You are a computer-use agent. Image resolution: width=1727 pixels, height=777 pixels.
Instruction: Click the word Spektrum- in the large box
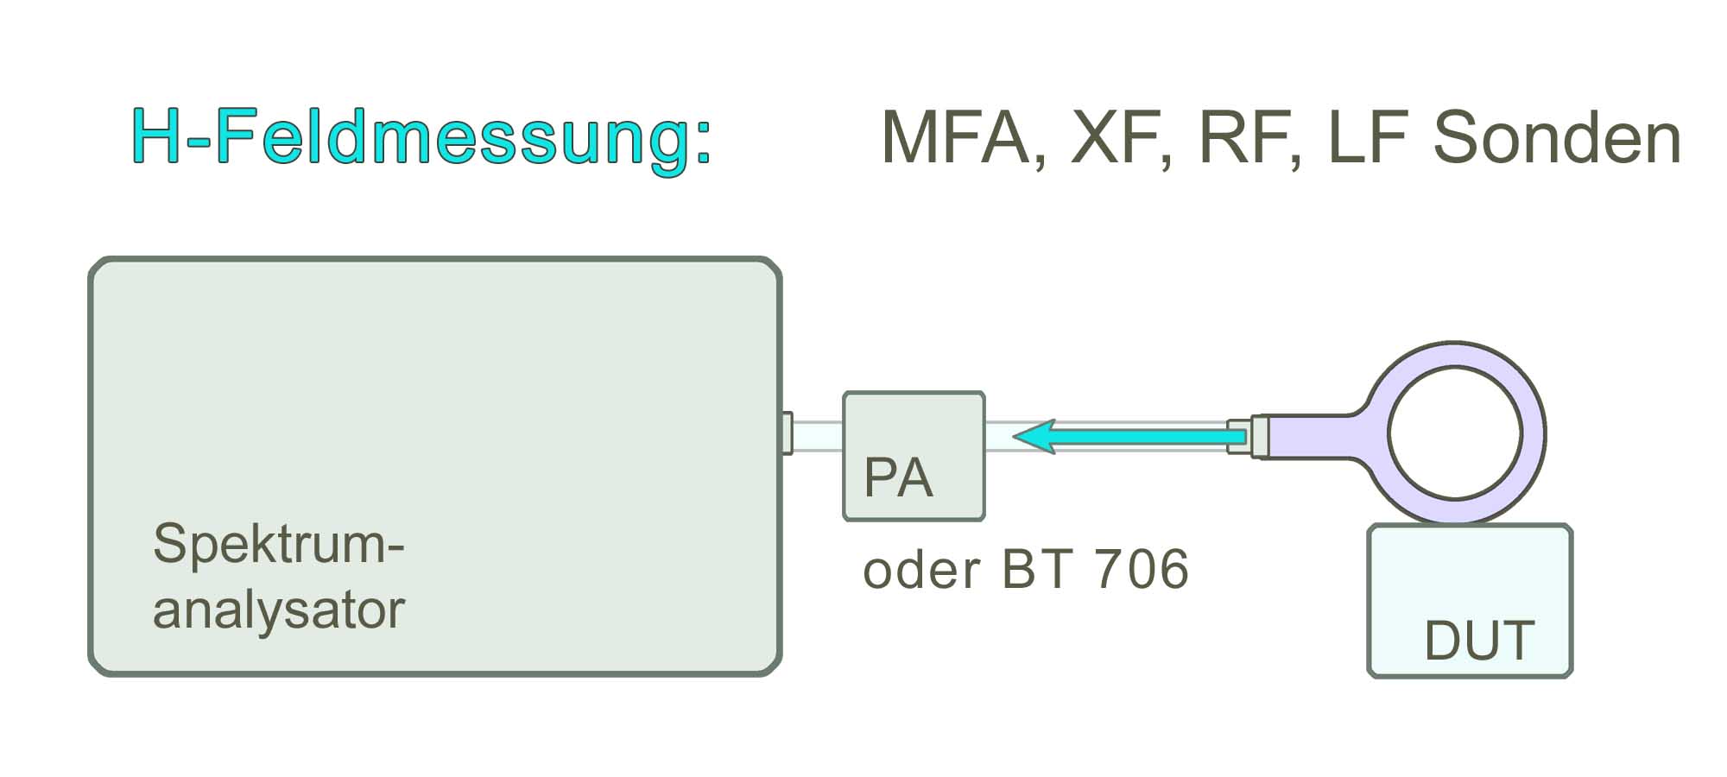point(278,544)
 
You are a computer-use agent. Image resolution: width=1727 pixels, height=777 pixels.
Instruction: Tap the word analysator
point(278,610)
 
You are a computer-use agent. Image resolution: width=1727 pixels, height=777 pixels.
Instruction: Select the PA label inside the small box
point(898,477)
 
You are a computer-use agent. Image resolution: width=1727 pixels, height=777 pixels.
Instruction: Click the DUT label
point(1479,641)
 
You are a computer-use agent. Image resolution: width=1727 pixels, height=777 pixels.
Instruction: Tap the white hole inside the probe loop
point(1455,432)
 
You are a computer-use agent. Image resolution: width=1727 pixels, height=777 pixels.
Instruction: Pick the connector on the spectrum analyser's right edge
point(787,433)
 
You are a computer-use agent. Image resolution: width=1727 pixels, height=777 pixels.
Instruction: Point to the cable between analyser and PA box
point(817,436)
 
